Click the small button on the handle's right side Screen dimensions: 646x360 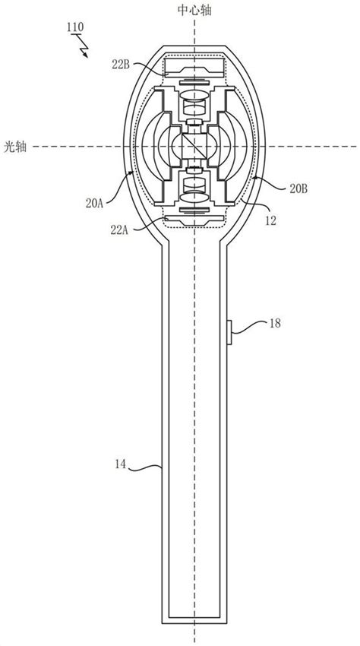pos(231,331)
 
